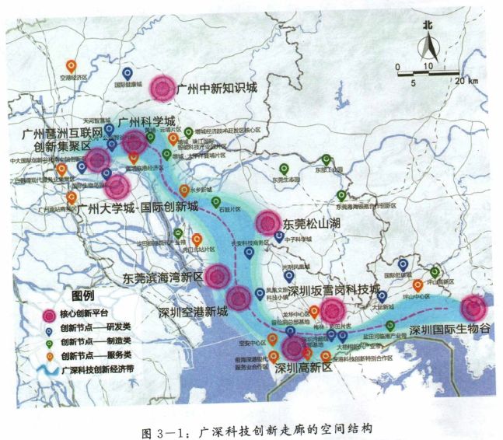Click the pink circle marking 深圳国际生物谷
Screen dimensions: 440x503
pyautogui.click(x=472, y=308)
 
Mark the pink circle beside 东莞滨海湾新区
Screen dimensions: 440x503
pyautogui.click(x=218, y=276)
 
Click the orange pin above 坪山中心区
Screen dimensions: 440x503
pyautogui.click(x=418, y=285)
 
